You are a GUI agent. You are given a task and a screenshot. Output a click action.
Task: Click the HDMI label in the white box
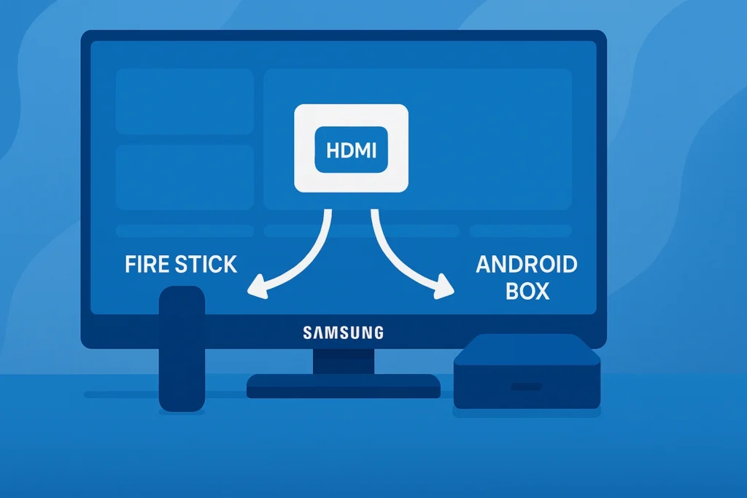[x=350, y=152]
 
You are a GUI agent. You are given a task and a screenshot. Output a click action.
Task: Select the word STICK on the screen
[x=206, y=264]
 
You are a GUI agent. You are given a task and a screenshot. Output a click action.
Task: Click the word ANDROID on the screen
[x=526, y=264]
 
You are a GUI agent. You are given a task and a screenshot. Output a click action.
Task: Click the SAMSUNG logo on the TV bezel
[x=343, y=332]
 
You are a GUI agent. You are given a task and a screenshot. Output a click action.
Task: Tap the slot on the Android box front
[x=526, y=386]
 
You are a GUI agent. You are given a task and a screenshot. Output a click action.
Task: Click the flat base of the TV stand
[x=343, y=386]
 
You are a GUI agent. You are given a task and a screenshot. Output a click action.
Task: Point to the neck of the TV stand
[x=343, y=360]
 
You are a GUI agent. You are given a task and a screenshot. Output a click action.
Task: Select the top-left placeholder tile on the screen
[x=185, y=101]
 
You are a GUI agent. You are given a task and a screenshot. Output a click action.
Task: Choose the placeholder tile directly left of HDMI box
[x=185, y=176]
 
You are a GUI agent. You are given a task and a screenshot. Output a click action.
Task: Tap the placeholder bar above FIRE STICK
[x=185, y=231]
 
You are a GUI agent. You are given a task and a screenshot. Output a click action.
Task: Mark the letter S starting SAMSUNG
[x=307, y=332]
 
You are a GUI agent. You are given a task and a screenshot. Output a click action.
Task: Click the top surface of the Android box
[x=526, y=348]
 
